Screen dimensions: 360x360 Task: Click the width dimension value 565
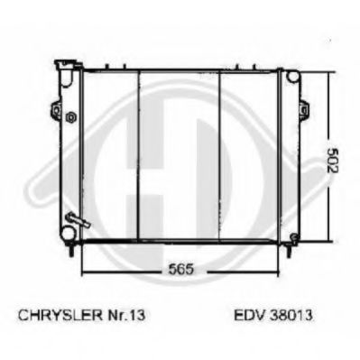coord(180,269)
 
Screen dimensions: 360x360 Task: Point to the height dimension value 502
coord(332,161)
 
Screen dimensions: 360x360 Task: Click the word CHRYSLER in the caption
coord(60,315)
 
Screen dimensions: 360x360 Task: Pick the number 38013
coord(291,315)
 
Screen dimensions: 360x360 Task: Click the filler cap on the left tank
coord(68,64)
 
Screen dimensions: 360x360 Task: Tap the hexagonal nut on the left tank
coord(71,116)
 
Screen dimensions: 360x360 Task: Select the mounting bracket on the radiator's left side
coord(56,109)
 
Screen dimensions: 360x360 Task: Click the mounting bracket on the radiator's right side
coord(303,109)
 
